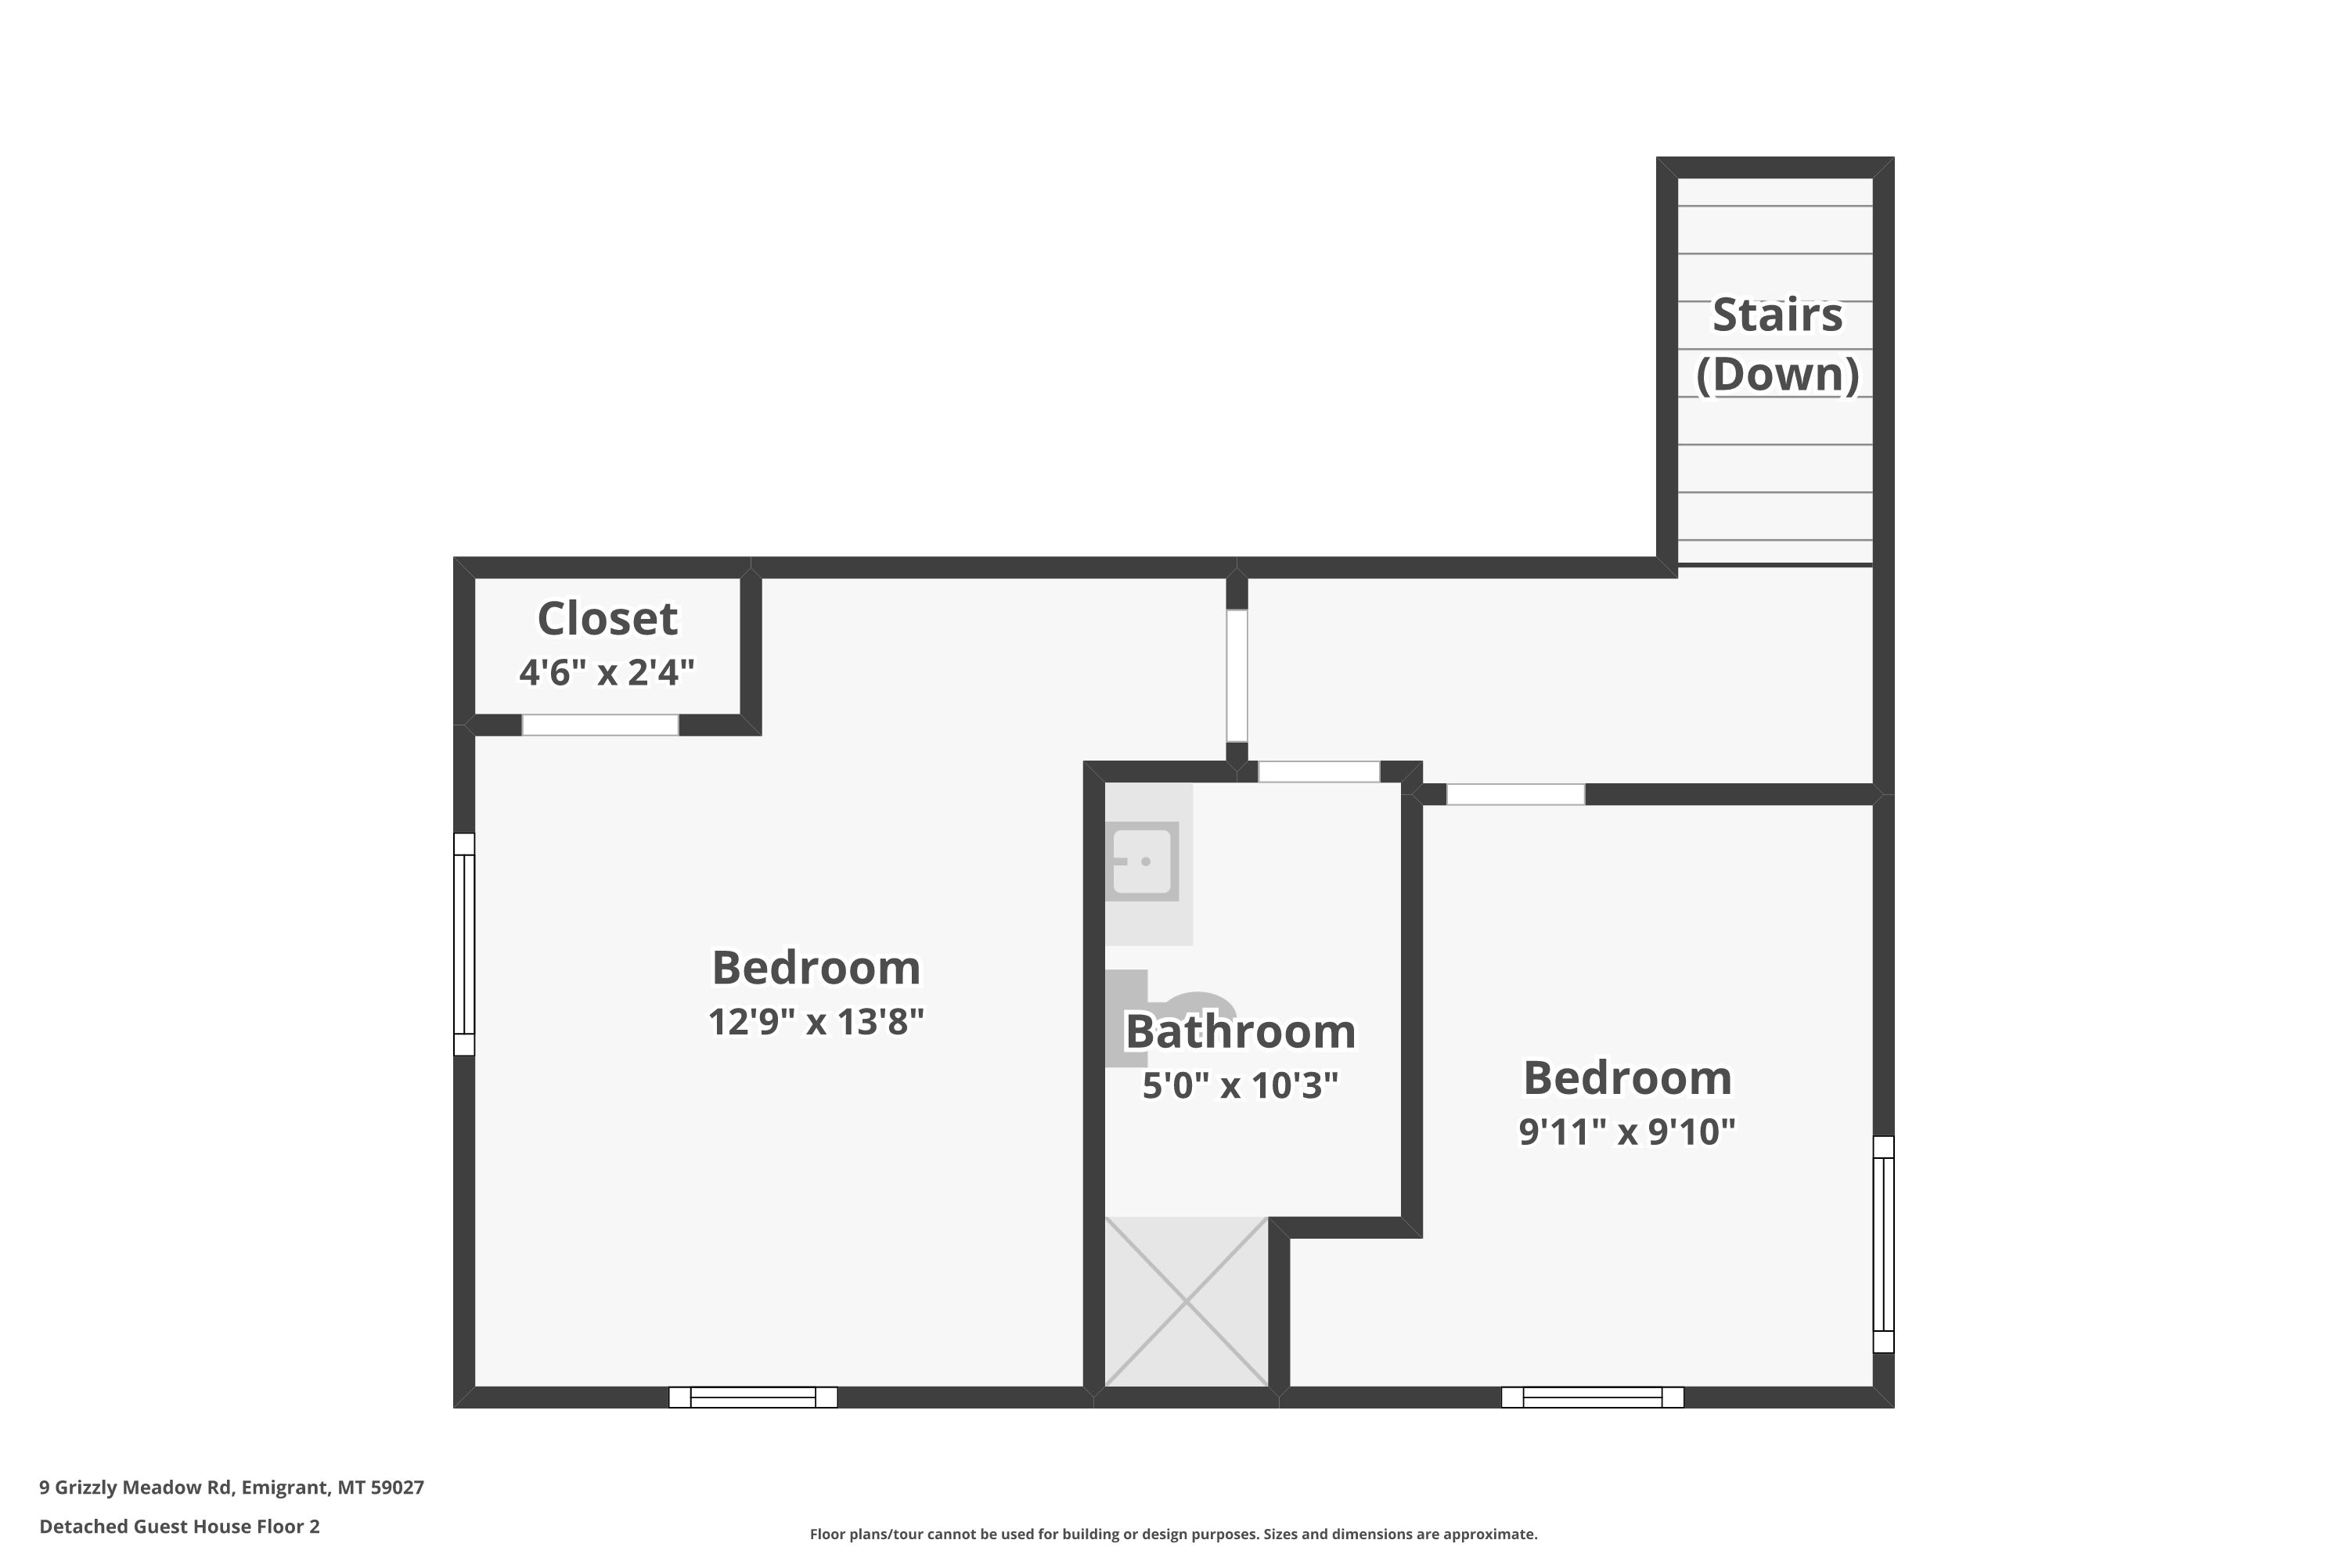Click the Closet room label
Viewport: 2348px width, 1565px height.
(607, 619)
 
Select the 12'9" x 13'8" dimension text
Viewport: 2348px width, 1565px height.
(816, 1021)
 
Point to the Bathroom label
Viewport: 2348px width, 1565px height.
(1240, 1031)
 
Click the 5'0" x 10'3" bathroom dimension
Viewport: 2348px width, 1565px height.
(1240, 1085)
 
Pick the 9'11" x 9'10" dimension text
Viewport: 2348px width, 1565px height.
(1627, 1131)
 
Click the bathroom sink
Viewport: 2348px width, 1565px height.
(1145, 862)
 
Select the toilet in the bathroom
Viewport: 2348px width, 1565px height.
(1168, 1017)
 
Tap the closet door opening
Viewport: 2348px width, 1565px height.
(600, 725)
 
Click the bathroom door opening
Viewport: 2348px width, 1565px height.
(1319, 772)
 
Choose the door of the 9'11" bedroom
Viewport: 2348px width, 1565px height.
(1515, 794)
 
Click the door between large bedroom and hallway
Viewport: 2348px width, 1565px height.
(1237, 676)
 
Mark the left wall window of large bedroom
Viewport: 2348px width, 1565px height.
(464, 944)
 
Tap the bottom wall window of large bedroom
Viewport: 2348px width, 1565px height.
(753, 1398)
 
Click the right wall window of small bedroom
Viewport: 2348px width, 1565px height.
(1884, 1245)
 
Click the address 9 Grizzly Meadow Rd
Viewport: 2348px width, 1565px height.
(135, 1488)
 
